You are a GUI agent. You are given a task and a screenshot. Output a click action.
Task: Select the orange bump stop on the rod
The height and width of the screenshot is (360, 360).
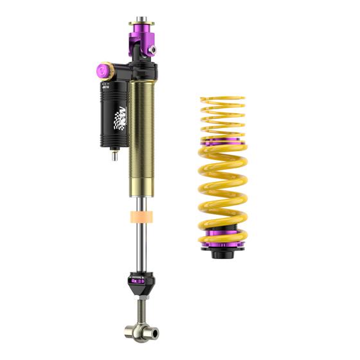coord(142,217)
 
